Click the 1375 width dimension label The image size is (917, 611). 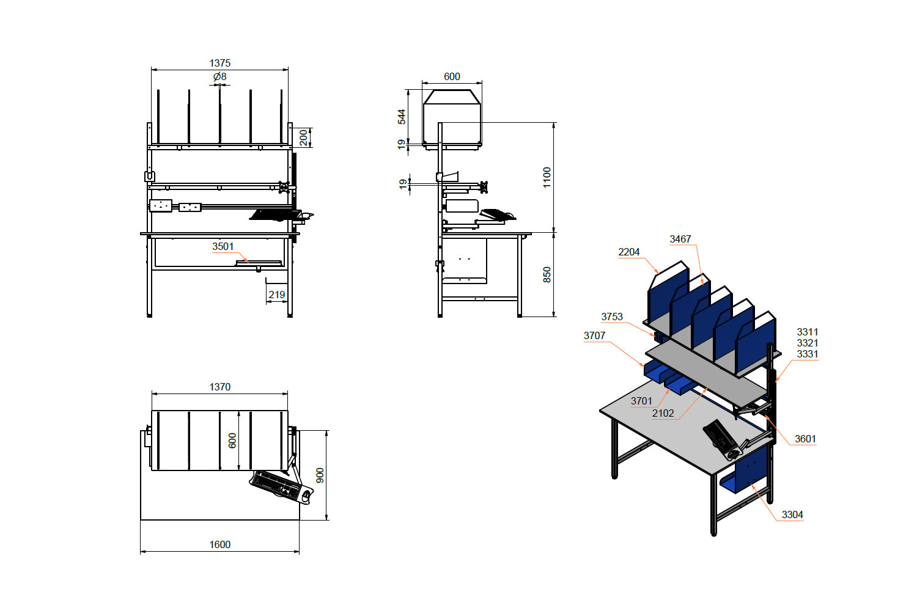pos(220,63)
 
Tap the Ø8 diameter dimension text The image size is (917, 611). pos(220,76)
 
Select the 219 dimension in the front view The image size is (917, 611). pos(277,295)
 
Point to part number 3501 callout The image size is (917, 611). pos(223,246)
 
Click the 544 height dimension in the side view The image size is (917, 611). pos(402,117)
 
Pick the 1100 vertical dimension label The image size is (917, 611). pos(547,177)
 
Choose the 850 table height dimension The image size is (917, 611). pos(547,274)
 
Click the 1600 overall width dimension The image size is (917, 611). pos(220,544)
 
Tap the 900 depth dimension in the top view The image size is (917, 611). pos(320,475)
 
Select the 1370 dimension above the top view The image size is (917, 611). pos(220,387)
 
